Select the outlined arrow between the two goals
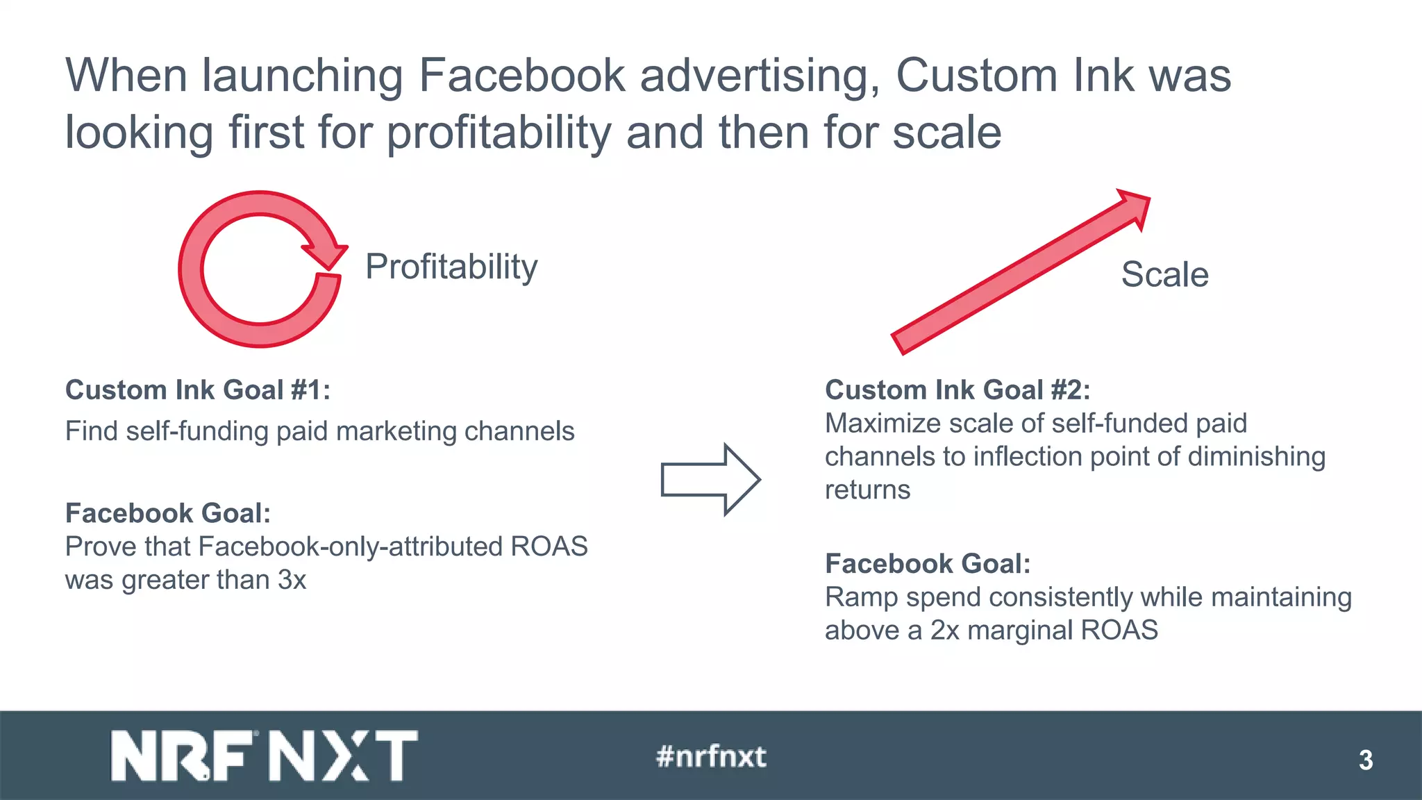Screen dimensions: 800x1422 710,479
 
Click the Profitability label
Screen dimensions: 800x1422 451,267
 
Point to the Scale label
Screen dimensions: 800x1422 1164,274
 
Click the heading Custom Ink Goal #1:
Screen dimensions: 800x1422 197,390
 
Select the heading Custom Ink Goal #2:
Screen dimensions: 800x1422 957,390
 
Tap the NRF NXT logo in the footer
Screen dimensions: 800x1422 264,756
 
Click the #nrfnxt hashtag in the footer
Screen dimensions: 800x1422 711,756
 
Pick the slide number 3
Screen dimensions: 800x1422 1365,760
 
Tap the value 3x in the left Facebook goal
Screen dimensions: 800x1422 292,580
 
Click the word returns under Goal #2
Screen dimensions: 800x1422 867,490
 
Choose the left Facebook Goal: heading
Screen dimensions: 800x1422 167,513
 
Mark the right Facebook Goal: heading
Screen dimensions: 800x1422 927,564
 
